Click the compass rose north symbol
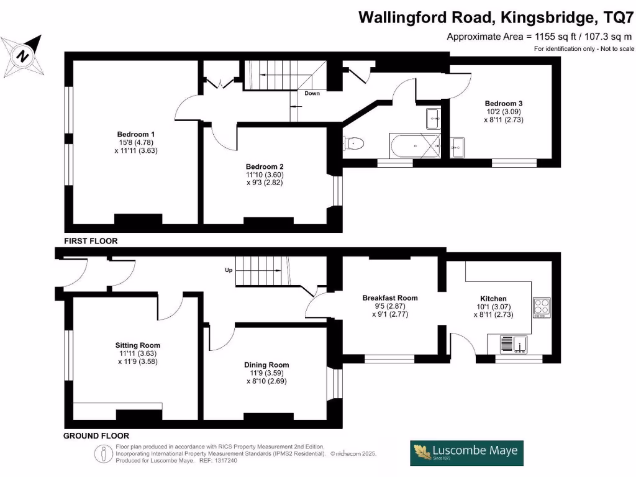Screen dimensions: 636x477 [x=22, y=55]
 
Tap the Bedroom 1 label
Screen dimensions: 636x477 [x=136, y=134]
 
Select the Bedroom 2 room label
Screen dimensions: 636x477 [x=265, y=166]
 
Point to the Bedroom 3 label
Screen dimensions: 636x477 [x=503, y=104]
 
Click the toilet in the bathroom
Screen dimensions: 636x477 [x=353, y=143]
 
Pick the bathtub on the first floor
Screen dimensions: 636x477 [x=415, y=145]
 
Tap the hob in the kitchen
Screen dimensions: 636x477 [x=542, y=308]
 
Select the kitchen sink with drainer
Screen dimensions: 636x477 [x=513, y=344]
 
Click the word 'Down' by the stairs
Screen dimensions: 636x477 [x=312, y=93]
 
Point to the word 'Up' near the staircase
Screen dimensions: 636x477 [x=229, y=270]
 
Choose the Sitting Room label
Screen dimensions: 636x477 [x=137, y=345]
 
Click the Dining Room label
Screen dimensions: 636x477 [x=266, y=365]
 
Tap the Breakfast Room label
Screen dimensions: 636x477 [x=390, y=298]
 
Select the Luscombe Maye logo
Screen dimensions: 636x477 [x=466, y=453]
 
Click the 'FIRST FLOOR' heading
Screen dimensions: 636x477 [x=91, y=241]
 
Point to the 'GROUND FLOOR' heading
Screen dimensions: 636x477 [x=96, y=436]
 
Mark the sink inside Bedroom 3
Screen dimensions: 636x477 [x=458, y=147]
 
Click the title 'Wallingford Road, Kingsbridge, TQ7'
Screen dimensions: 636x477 [x=496, y=18]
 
